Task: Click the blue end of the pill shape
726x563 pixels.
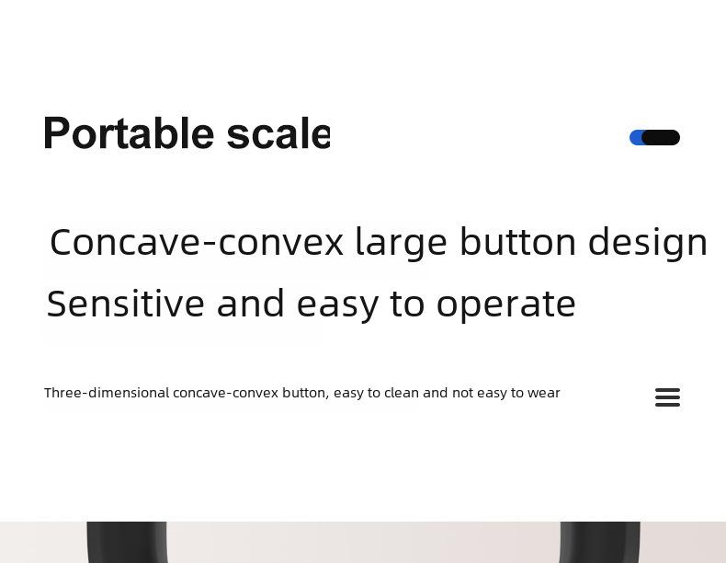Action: tap(636, 138)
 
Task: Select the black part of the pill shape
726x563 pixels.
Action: tap(661, 138)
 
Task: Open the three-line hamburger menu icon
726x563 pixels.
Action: tap(668, 397)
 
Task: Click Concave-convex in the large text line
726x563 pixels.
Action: tap(197, 242)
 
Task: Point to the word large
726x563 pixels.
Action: tap(402, 244)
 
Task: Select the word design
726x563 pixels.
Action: tap(648, 244)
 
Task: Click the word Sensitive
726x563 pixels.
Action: tap(126, 304)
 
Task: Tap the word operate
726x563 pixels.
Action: tap(506, 306)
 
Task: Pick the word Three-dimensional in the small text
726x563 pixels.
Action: tap(107, 393)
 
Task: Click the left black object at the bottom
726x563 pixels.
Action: tap(127, 542)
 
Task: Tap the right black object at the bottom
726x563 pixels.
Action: tap(600, 542)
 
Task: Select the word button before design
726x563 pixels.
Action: tap(518, 242)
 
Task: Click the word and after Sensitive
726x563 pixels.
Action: tap(251, 304)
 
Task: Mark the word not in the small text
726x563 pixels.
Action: tap(462, 393)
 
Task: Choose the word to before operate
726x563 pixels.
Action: tap(407, 304)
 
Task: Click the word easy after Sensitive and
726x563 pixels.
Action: tap(337, 306)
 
